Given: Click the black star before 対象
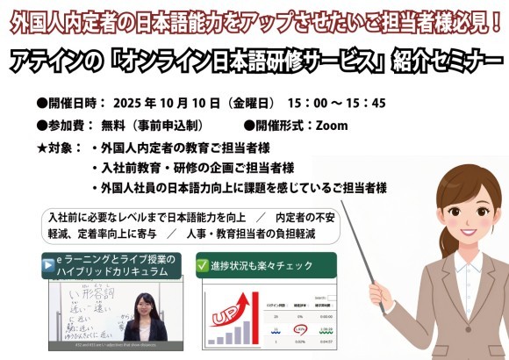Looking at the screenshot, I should pyautogui.click(x=43, y=147).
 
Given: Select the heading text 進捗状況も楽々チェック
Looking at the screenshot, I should pyautogui.click(x=255, y=264).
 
